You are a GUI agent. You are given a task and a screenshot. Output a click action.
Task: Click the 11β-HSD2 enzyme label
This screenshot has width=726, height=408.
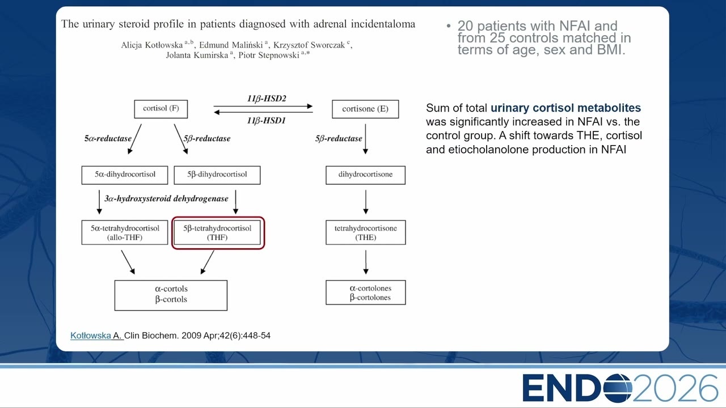pos(267,99)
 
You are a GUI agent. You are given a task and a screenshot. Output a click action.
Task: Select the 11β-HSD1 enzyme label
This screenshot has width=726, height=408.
pos(267,121)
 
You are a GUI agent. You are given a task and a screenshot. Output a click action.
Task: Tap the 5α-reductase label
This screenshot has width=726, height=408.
pos(108,139)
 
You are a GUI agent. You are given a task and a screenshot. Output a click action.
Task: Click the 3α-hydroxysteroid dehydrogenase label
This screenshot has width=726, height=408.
pos(166,198)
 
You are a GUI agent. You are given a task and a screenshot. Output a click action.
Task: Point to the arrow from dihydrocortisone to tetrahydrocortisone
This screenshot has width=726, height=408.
pos(366,202)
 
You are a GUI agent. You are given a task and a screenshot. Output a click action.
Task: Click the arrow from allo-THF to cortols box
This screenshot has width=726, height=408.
pos(128,262)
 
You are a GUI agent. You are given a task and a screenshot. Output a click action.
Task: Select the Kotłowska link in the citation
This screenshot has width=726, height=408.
pos(91,335)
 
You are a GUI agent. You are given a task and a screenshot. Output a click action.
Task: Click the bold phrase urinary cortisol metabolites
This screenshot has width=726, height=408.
pos(565,108)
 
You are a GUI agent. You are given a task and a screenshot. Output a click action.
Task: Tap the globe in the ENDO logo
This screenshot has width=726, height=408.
pos(618,388)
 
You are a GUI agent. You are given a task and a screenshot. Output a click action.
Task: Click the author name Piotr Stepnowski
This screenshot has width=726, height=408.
pos(269,55)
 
